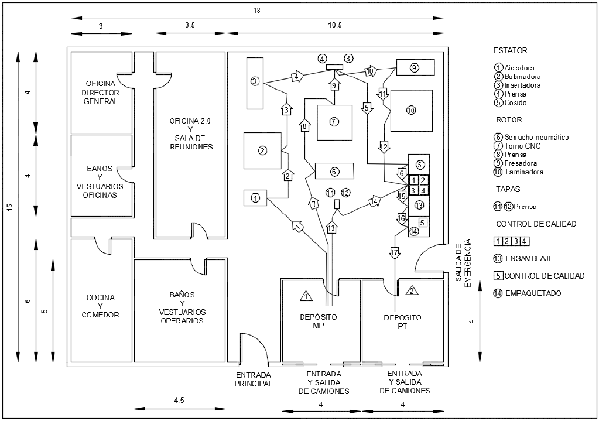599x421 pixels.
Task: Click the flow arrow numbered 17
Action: (x=394, y=254)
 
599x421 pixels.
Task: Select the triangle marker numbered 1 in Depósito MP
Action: (x=306, y=296)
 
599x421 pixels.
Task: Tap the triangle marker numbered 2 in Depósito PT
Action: (x=412, y=291)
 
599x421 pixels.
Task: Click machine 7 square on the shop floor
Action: (x=335, y=122)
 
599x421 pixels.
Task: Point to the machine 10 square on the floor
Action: (x=412, y=111)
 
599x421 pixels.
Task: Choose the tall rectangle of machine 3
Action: (x=255, y=83)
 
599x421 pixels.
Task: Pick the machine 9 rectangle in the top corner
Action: (x=415, y=67)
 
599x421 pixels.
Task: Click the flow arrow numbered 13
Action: (x=333, y=227)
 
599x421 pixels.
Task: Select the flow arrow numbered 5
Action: (x=367, y=108)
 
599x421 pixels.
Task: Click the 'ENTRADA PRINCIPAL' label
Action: (x=254, y=379)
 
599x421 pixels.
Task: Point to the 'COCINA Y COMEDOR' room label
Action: (x=101, y=306)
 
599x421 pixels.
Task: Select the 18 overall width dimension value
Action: (x=256, y=11)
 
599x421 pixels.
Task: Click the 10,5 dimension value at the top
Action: (x=335, y=25)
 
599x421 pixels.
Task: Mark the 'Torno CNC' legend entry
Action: (x=522, y=146)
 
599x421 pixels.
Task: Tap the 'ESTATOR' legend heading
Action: (x=511, y=50)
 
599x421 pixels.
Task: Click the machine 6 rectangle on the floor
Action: (x=334, y=171)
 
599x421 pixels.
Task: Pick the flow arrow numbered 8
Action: (x=304, y=126)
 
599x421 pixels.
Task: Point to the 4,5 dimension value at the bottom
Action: (x=179, y=401)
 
